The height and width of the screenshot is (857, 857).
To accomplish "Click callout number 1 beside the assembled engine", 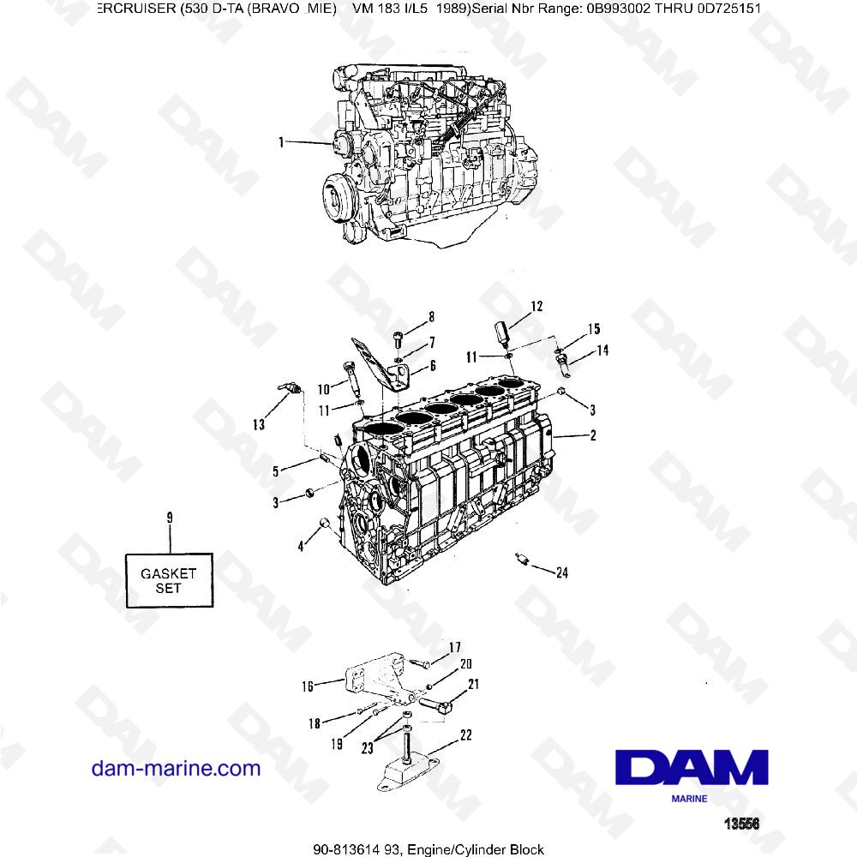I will tap(281, 142).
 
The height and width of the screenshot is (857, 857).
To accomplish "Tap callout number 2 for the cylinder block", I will tap(590, 435).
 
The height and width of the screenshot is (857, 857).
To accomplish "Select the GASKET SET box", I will tap(170, 581).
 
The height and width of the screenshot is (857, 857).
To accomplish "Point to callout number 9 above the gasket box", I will tap(170, 518).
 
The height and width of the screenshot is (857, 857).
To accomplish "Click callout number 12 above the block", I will tap(536, 306).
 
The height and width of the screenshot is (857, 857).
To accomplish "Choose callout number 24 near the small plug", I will tap(561, 573).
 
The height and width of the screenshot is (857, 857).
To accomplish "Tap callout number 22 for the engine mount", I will tap(465, 734).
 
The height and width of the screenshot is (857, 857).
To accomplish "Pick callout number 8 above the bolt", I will tap(431, 316).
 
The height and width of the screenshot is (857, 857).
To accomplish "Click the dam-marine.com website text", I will tap(176, 768).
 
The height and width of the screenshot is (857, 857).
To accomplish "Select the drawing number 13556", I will tap(742, 824).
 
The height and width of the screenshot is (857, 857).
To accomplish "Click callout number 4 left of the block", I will tap(302, 546).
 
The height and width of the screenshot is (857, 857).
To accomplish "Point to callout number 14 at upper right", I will tap(602, 350).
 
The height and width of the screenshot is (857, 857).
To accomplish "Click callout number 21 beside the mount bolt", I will tap(473, 684).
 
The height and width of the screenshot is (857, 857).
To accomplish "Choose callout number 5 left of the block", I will tap(276, 470).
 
